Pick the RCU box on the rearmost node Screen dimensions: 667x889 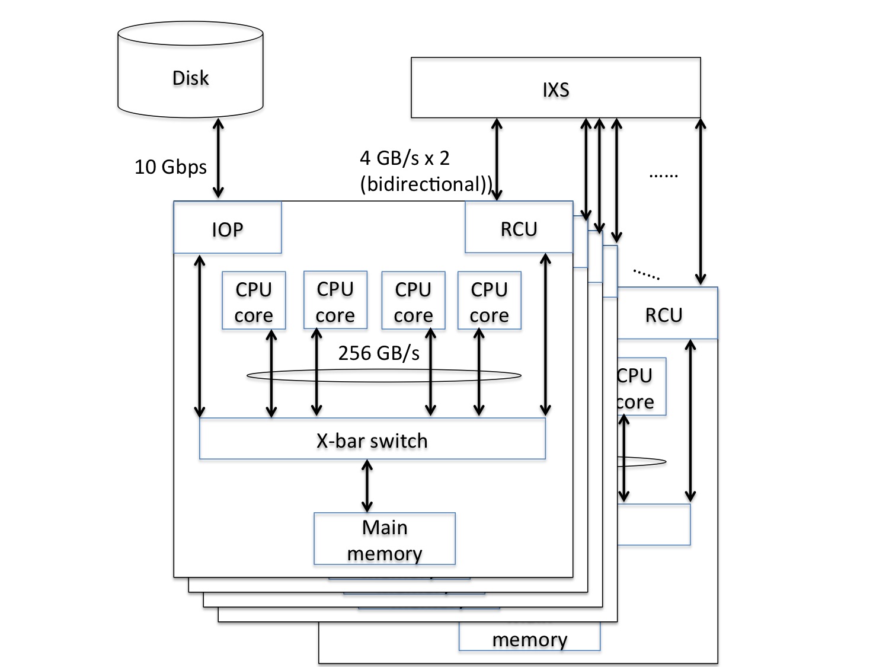coord(664,314)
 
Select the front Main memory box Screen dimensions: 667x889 coord(384,539)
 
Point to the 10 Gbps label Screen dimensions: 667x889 coord(171,167)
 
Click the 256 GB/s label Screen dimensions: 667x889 coord(379,353)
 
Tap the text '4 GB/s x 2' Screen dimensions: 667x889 coord(405,158)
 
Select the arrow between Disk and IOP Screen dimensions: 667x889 coord(218,158)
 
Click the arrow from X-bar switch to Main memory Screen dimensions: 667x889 coord(367,486)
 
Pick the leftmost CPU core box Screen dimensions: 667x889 coord(254,301)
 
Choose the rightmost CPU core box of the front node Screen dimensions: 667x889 coord(489,301)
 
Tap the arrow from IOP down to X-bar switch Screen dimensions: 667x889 coord(200,336)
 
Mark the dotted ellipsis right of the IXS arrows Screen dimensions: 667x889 coord(663,175)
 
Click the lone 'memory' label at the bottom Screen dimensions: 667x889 coord(529,639)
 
